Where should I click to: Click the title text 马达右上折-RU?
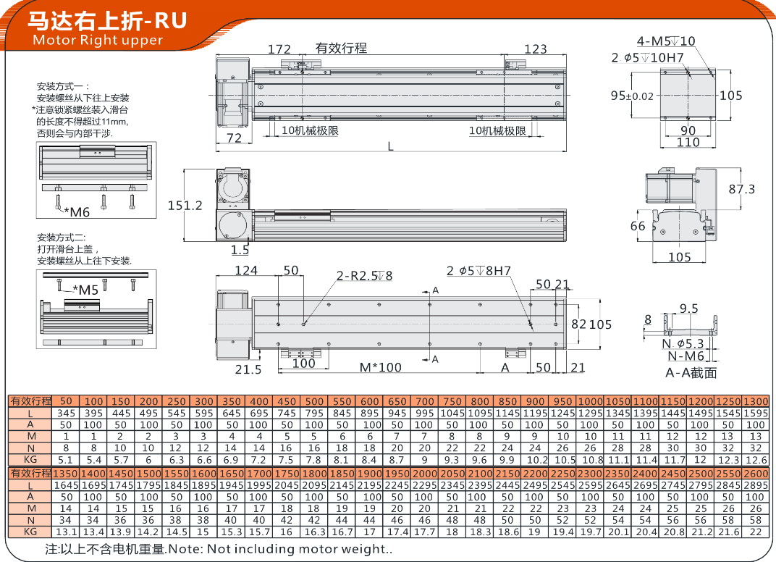tap(107, 21)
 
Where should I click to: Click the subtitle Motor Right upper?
tap(98, 40)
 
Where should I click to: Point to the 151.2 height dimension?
tap(185, 206)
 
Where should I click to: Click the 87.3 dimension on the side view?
tap(741, 189)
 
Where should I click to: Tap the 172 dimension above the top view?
tap(279, 49)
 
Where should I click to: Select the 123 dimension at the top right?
tap(536, 49)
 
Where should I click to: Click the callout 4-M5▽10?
tap(666, 41)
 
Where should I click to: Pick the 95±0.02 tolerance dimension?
tap(632, 96)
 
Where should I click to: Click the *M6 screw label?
tap(77, 212)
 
